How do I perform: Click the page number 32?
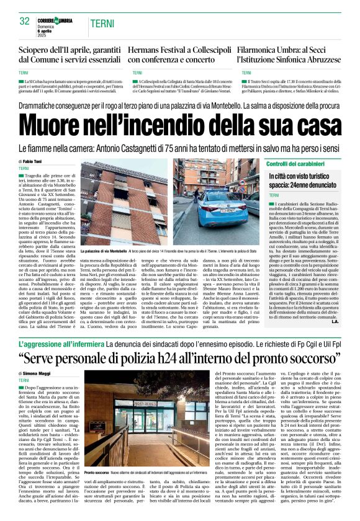pos(25,22)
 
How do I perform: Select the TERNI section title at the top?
pos(101,23)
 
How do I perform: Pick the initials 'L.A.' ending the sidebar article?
pos(335,322)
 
